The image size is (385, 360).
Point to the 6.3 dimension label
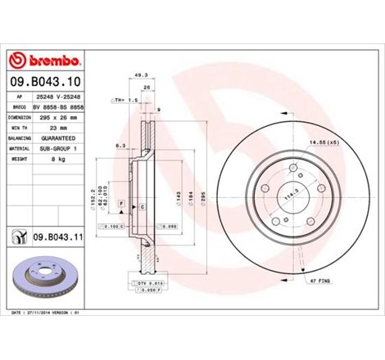(119, 146)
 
